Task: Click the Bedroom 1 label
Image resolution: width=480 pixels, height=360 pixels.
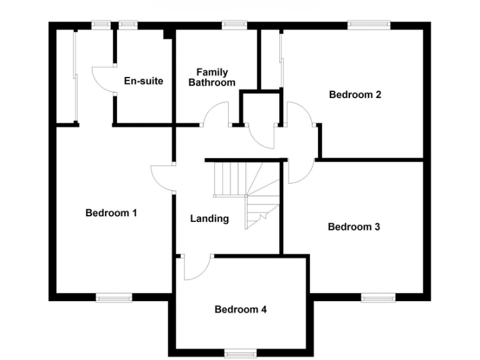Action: (x=111, y=213)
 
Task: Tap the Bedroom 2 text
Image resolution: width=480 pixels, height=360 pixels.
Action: (x=355, y=95)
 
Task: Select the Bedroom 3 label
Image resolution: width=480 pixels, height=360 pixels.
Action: (x=354, y=227)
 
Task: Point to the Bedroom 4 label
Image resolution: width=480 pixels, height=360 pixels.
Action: (x=241, y=309)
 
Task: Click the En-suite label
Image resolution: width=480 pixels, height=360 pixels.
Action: (x=144, y=81)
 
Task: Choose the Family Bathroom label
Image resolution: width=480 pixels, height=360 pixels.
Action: (x=212, y=77)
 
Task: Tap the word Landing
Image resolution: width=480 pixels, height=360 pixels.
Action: (x=209, y=219)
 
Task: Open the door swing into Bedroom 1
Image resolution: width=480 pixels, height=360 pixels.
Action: (x=161, y=178)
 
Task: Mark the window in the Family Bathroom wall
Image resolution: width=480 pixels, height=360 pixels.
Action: (x=234, y=25)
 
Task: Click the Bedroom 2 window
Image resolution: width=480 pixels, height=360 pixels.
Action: (x=369, y=25)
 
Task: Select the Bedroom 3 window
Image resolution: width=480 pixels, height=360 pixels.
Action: (x=378, y=297)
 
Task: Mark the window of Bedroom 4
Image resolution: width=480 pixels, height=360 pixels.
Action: (x=241, y=353)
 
